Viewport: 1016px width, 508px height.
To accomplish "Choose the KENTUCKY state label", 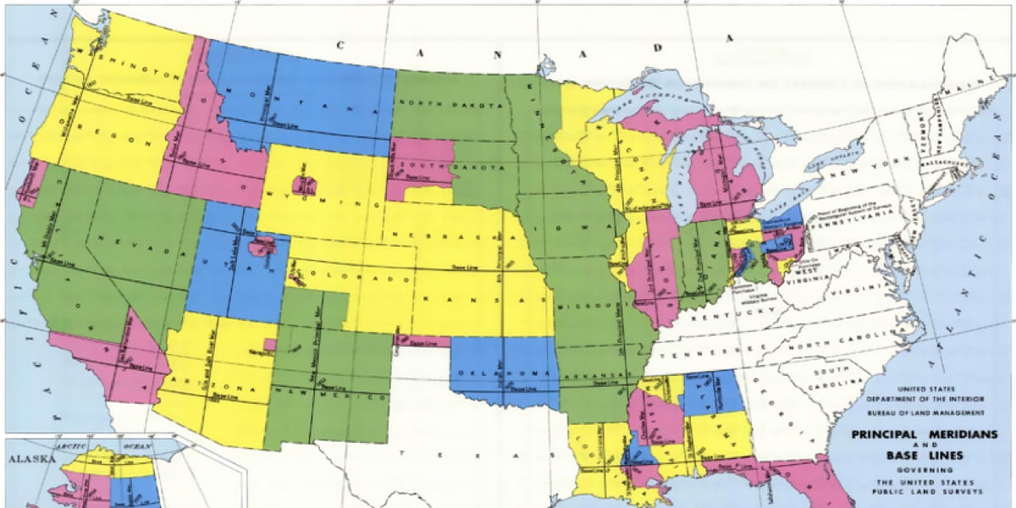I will point(720,314).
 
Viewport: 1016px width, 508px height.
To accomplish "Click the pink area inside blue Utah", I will point(262,247).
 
